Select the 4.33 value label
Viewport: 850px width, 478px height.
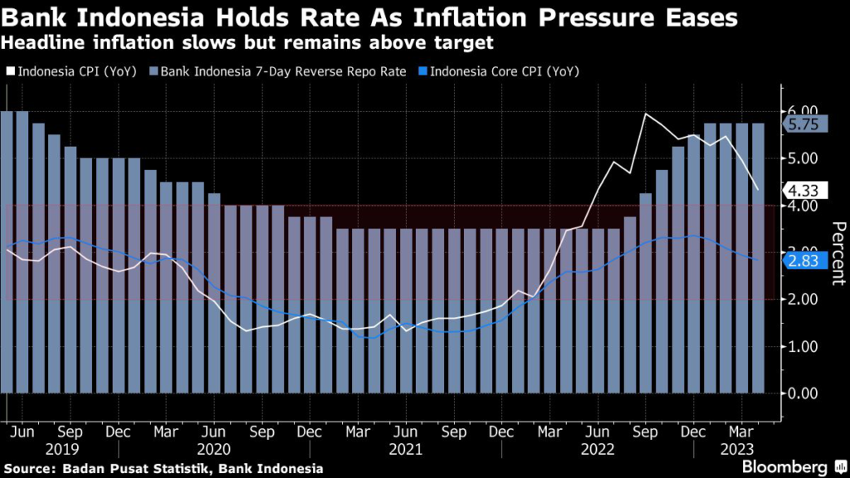tap(803, 191)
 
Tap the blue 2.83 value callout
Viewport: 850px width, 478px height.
tap(803, 261)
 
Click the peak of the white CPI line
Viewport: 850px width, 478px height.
tap(645, 114)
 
